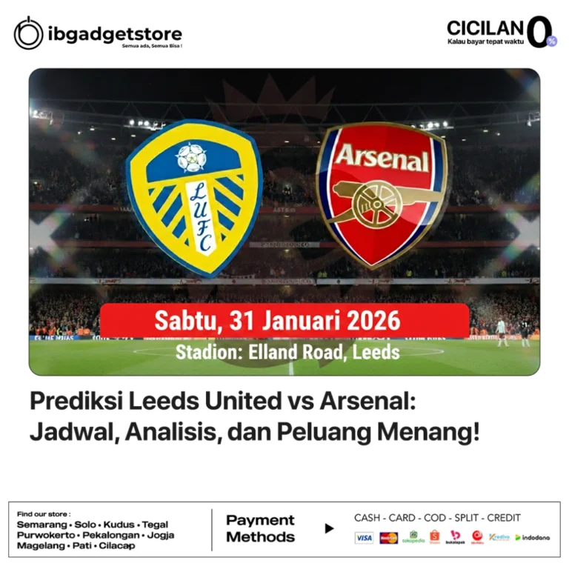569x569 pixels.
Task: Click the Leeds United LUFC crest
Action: click(x=194, y=196)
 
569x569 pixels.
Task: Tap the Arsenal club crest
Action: click(x=381, y=195)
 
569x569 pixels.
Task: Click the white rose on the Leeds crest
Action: click(x=192, y=157)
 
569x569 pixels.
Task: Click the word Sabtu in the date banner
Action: click(x=185, y=322)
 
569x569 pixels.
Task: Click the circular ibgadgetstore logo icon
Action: click(x=29, y=33)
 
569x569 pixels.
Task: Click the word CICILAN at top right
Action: click(x=485, y=29)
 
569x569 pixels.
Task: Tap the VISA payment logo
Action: click(x=364, y=538)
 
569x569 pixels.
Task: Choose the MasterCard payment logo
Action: click(x=388, y=538)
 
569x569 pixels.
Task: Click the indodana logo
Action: click(x=533, y=538)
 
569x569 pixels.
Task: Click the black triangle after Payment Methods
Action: click(x=330, y=528)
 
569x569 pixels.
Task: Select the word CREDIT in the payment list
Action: click(x=504, y=518)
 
